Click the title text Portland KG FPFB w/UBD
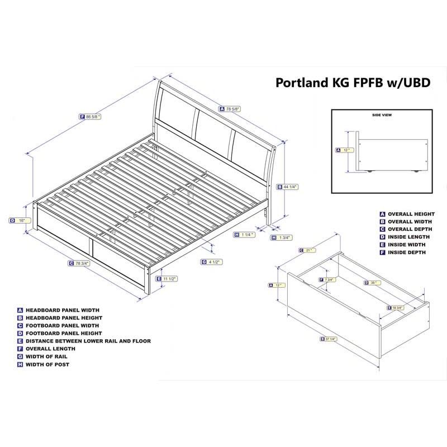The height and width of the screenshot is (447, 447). pyautogui.click(x=353, y=83)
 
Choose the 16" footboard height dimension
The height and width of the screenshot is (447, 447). pyautogui.click(x=19, y=220)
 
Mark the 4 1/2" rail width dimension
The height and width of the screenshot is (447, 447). pyautogui.click(x=212, y=261)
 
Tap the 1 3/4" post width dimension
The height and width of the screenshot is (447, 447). pyautogui.click(x=280, y=237)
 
